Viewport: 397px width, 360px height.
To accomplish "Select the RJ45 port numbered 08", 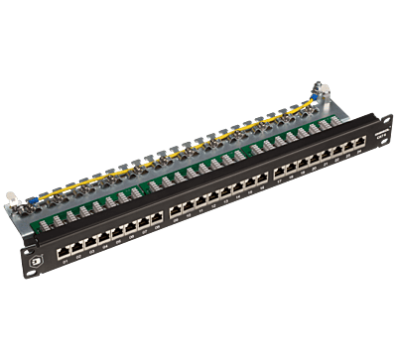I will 155,216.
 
